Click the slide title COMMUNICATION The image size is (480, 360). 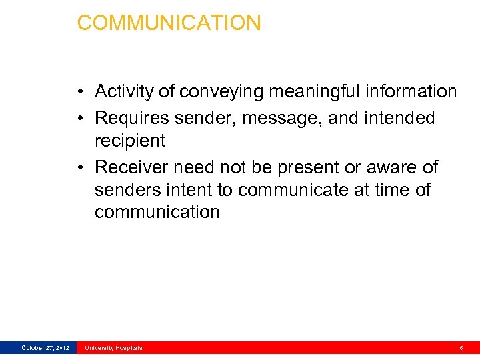tap(169, 23)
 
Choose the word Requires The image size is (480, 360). tap(133, 118)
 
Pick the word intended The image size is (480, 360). tap(399, 118)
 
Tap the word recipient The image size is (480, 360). tap(129, 141)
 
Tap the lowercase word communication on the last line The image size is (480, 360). tap(157, 212)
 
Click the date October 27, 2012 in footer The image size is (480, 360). tap(45, 348)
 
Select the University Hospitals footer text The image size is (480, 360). tap(113, 348)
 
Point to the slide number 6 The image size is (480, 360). tap(461, 348)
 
